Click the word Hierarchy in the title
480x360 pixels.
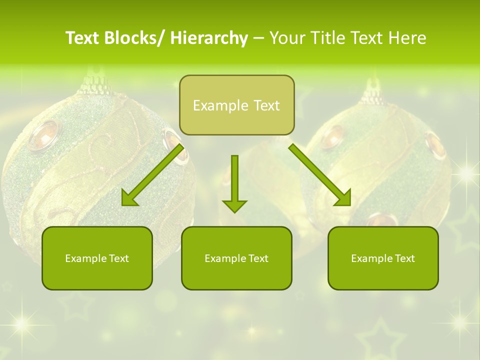[208, 38]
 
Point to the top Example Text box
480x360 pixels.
[236, 105]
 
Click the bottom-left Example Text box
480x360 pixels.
[97, 258]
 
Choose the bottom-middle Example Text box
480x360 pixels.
[236, 258]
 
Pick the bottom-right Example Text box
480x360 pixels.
[383, 258]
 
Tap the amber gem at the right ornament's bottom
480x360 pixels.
[382, 220]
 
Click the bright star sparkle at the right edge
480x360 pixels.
[466, 173]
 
